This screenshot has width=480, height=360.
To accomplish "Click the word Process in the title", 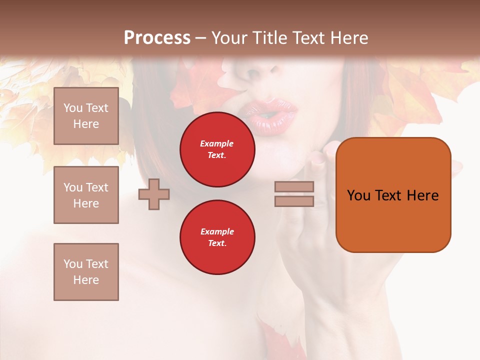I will [x=157, y=38].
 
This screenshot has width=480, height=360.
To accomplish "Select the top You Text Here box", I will [x=86, y=116].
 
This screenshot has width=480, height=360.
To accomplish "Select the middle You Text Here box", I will [x=86, y=195].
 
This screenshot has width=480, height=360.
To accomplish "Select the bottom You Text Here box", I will [x=86, y=271].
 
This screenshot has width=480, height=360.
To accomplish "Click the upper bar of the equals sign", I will [x=294, y=187].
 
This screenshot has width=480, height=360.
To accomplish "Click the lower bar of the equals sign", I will [x=294, y=201].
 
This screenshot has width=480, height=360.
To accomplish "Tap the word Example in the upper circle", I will [x=217, y=143].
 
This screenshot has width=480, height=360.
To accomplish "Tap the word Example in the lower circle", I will [x=217, y=231].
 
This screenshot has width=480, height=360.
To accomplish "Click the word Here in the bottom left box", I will [x=86, y=280].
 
